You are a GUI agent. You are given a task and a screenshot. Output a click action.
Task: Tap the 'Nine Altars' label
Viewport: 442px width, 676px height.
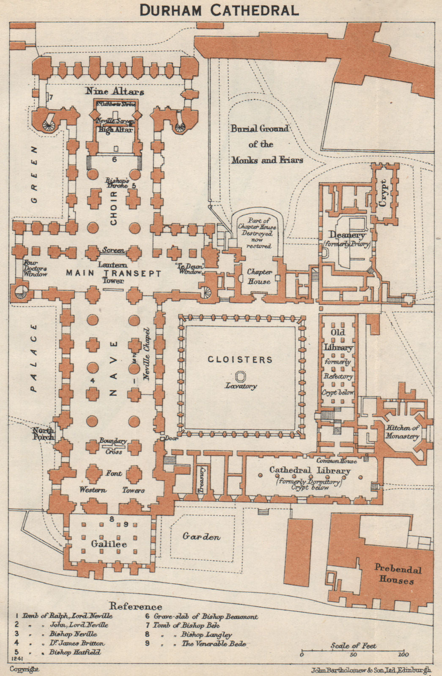coord(115,91)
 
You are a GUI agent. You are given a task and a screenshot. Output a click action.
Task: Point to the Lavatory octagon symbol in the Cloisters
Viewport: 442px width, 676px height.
coord(241,376)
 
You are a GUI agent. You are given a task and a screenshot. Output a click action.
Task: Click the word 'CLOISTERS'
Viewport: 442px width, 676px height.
coord(240,360)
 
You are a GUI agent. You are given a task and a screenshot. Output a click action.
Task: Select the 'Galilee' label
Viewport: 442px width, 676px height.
coord(109,544)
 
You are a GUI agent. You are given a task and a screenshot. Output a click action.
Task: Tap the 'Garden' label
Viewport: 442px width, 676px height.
coord(201,537)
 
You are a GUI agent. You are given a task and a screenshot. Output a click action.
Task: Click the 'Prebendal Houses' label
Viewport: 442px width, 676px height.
coord(397,575)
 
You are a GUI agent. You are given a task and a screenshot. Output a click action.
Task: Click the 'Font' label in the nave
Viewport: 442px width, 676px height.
coord(114,474)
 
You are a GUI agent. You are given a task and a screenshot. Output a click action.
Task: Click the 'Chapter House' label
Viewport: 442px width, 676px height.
coord(259,277)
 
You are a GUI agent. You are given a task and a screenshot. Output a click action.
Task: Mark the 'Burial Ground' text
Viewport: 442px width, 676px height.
coord(259,129)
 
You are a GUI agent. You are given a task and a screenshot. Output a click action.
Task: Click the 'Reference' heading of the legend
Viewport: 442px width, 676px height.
coord(135,606)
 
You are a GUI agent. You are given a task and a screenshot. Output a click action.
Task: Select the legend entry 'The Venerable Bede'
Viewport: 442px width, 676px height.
coord(214,644)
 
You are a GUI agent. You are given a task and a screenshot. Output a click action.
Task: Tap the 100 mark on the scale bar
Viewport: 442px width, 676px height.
coord(403,655)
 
